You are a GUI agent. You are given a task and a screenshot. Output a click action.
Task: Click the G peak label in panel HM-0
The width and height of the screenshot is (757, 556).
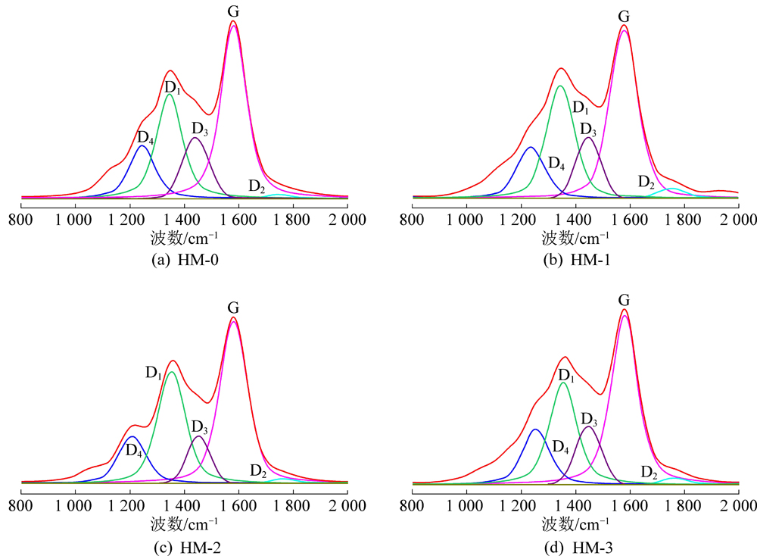(233, 11)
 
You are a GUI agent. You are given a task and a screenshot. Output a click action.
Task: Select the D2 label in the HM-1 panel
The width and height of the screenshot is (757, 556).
(646, 182)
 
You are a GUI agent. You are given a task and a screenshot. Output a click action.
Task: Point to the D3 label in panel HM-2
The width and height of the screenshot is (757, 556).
(200, 426)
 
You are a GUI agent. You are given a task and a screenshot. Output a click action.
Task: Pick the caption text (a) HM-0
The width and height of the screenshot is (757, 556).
(184, 260)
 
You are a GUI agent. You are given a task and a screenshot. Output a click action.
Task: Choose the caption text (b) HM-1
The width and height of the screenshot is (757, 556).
(576, 260)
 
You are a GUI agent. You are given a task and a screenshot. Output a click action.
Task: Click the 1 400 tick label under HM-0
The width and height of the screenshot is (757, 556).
(185, 220)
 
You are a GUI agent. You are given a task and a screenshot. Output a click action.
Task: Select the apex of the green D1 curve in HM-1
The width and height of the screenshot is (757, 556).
(560, 86)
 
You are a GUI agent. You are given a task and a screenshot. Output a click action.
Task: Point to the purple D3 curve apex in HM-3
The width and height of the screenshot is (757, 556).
(588, 426)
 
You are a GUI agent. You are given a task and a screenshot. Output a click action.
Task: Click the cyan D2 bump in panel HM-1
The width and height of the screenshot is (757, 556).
(671, 189)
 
